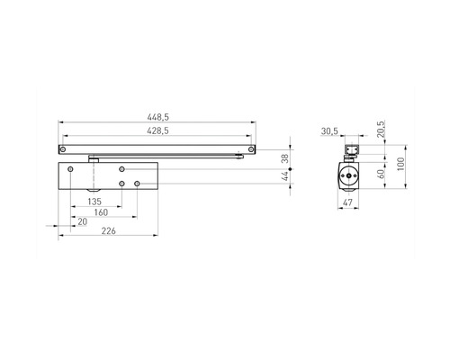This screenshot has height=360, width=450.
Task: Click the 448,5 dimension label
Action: tap(157, 117)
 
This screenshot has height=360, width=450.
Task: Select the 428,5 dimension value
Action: tap(157, 130)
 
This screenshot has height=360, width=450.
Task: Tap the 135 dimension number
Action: tap(94, 202)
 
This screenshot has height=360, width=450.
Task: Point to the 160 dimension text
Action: tap(101, 212)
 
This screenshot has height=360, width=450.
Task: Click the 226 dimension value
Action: tap(108, 231)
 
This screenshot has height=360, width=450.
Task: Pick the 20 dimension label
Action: tap(82, 221)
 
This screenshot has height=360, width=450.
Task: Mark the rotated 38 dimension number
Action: tap(285, 158)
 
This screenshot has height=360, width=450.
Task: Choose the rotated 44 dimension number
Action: tap(285, 176)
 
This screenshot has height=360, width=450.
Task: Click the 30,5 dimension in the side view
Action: tap(329, 131)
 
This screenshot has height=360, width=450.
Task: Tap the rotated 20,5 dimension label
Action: tap(381, 130)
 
